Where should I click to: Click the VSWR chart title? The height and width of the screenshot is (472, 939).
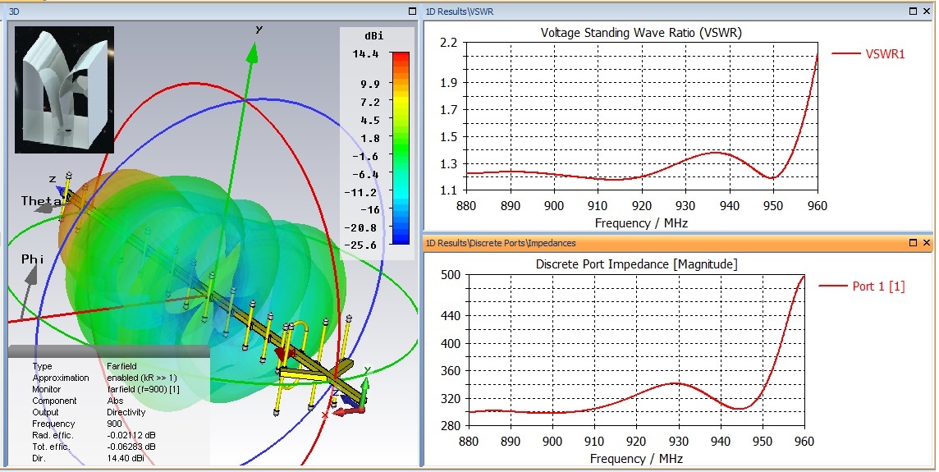641,33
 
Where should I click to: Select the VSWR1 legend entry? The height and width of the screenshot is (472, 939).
885,54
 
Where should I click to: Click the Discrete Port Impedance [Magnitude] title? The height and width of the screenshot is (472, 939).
636,264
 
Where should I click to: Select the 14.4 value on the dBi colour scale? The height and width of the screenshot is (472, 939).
366,54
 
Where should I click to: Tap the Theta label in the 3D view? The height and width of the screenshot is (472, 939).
41,201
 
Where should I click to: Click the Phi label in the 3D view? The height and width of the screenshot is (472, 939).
33,259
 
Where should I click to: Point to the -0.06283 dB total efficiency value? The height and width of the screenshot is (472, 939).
135,447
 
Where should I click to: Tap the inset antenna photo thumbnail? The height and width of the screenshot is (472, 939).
64,89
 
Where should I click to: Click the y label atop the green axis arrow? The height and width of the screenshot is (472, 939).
259,30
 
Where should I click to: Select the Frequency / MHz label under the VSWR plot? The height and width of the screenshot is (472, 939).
641,222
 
